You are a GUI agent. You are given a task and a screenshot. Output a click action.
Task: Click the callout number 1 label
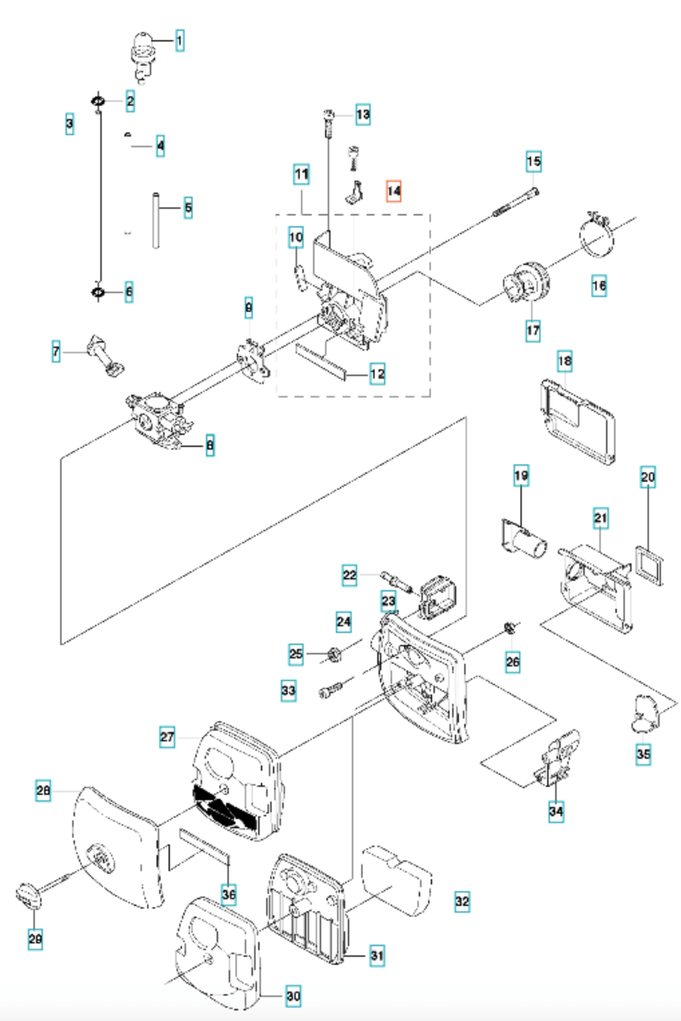point(179,41)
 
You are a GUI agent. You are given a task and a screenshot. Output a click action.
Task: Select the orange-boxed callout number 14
point(394,191)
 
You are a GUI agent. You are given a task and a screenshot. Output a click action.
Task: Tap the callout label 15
point(534,161)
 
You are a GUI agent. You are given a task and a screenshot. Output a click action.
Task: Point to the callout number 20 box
point(648,477)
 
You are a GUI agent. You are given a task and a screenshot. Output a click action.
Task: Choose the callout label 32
point(462,901)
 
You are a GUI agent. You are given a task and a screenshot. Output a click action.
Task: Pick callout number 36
point(229,895)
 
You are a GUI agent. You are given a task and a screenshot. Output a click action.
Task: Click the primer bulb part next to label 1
point(142,58)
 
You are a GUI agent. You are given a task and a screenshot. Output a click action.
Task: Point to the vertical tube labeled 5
point(156,221)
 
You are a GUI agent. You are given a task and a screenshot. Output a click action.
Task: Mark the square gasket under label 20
point(649,565)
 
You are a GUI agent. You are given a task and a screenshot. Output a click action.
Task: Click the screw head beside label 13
point(328,114)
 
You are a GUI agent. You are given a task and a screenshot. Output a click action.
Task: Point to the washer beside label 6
point(98,292)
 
